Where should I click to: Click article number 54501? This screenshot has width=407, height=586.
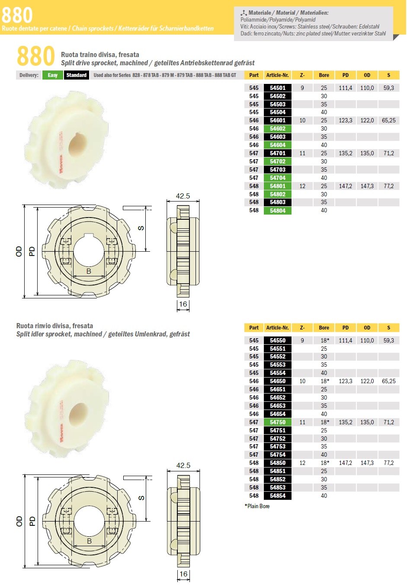(x=277, y=88)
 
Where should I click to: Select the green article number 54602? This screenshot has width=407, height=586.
(x=277, y=129)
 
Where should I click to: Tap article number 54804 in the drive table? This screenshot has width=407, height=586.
(x=277, y=211)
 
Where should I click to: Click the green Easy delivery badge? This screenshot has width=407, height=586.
(x=53, y=75)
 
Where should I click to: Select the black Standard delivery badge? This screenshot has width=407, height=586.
(x=77, y=75)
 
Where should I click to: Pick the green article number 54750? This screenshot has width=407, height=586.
(x=277, y=422)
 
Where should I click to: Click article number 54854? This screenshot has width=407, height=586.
(x=277, y=496)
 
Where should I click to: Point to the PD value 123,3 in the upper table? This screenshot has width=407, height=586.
(x=346, y=121)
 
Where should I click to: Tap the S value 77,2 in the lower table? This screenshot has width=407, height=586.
(x=389, y=463)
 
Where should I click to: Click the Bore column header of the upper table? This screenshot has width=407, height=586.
(x=324, y=75)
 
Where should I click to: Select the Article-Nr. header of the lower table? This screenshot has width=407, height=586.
(x=277, y=327)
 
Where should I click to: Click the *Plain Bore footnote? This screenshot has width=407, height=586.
(x=257, y=506)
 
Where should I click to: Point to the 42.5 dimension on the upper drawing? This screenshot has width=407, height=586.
(x=183, y=196)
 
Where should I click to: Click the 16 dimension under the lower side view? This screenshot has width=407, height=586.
(x=183, y=574)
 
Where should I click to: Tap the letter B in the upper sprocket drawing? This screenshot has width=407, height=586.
(x=89, y=271)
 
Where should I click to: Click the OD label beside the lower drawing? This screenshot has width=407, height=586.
(x=19, y=521)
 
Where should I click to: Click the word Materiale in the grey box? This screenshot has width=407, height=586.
(x=260, y=13)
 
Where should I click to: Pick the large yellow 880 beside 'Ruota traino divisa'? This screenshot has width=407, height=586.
(x=36, y=56)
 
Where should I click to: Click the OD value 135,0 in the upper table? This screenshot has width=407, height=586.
(x=367, y=153)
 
